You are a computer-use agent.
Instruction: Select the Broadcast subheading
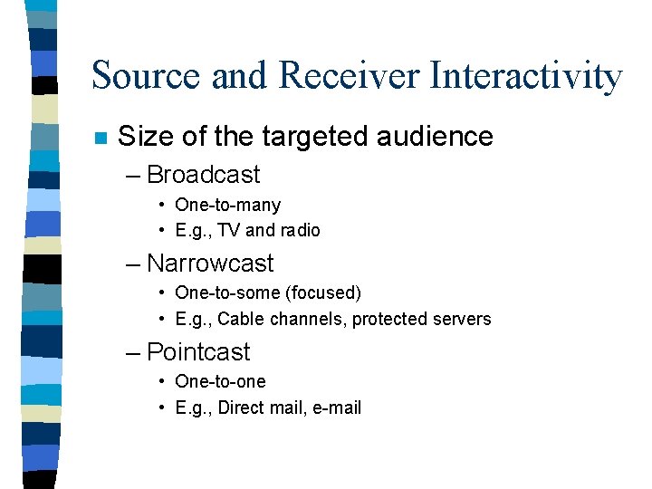point(203,175)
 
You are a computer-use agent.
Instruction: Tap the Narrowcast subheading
point(209,264)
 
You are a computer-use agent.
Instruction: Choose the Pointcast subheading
point(198,352)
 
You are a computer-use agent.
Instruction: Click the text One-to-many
point(227,206)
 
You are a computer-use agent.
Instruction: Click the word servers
point(460,319)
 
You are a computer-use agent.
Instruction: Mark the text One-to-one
point(220,382)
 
